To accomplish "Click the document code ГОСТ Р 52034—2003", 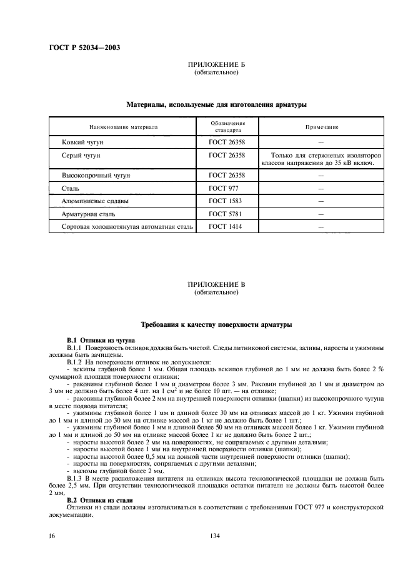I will tap(84, 48).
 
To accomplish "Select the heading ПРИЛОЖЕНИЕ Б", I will tap(216, 65).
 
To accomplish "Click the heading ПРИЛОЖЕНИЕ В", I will tap(216, 284).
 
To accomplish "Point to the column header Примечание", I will tap(322, 127).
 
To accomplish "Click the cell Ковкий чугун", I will tap(78, 142).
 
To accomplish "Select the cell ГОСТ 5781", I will tap(225, 214).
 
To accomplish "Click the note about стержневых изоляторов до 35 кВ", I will tap(322, 159).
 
